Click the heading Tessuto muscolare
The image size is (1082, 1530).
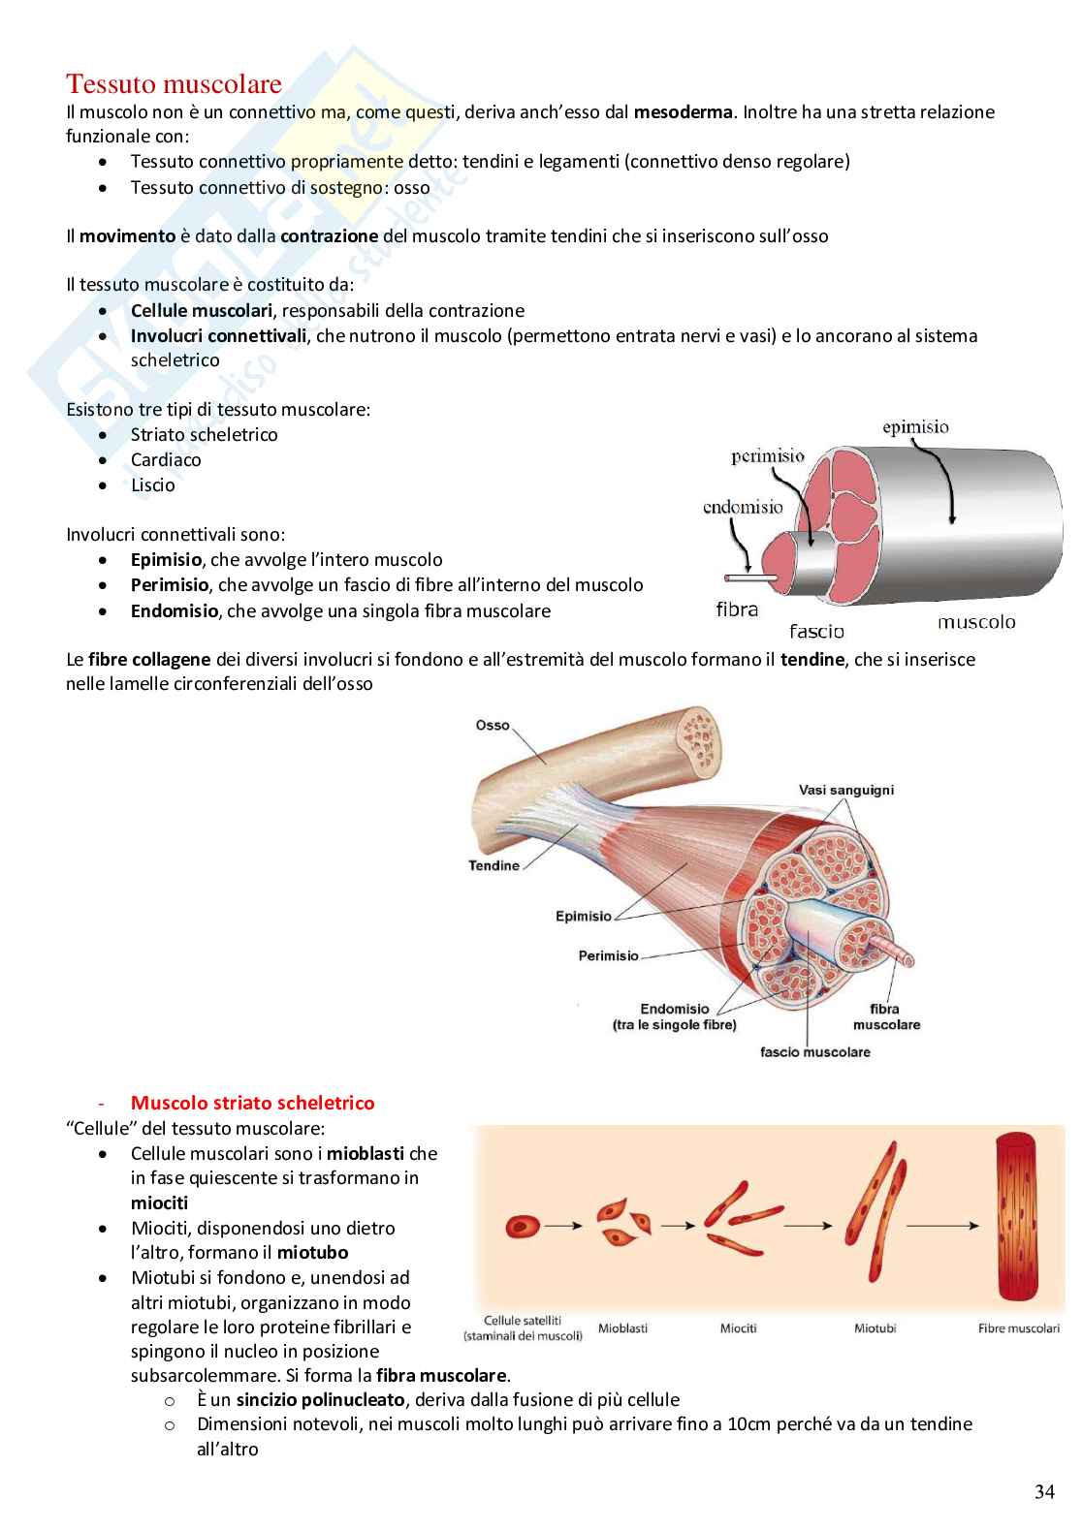pos(174,83)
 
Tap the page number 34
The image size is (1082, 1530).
pos(1044,1491)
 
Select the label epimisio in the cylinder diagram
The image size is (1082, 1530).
pos(915,426)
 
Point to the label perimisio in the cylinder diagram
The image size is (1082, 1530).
pos(768,455)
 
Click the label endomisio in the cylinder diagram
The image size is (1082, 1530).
pos(743,507)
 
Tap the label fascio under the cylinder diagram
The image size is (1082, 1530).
pos(816,632)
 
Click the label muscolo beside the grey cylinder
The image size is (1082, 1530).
pos(976,621)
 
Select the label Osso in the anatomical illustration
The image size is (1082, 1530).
pos(493,725)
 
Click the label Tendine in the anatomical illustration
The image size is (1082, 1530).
pos(493,865)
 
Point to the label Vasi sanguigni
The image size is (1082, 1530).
pos(846,790)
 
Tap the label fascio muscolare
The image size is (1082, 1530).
pos(815,1051)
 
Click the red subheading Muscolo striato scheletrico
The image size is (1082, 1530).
pos(252,1103)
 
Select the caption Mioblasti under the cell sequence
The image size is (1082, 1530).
pos(622,1327)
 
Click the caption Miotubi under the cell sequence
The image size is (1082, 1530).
pos(875,1327)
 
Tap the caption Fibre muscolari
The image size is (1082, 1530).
pos(1019,1327)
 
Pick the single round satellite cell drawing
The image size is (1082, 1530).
pos(522,1226)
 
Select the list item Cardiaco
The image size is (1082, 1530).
pos(166,459)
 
